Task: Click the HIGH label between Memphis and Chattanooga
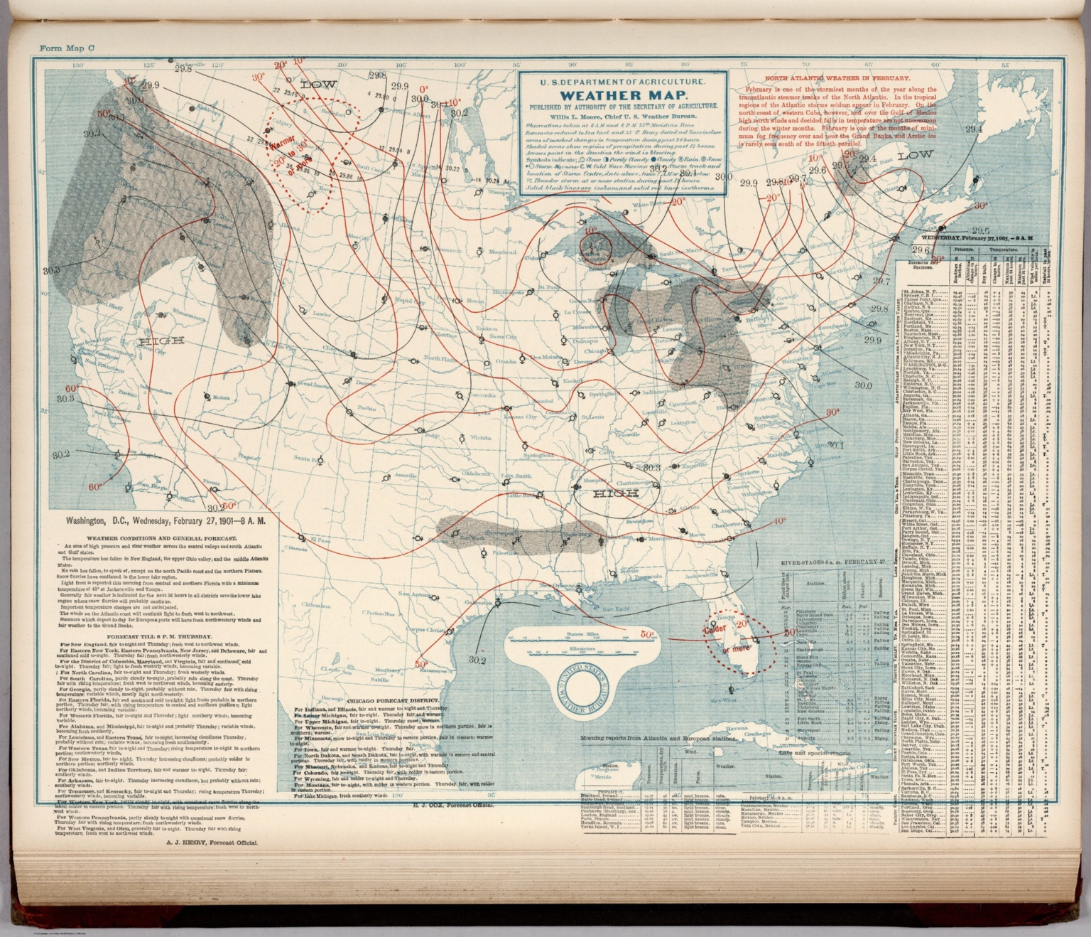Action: (616, 493)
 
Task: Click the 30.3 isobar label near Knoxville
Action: (652, 467)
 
